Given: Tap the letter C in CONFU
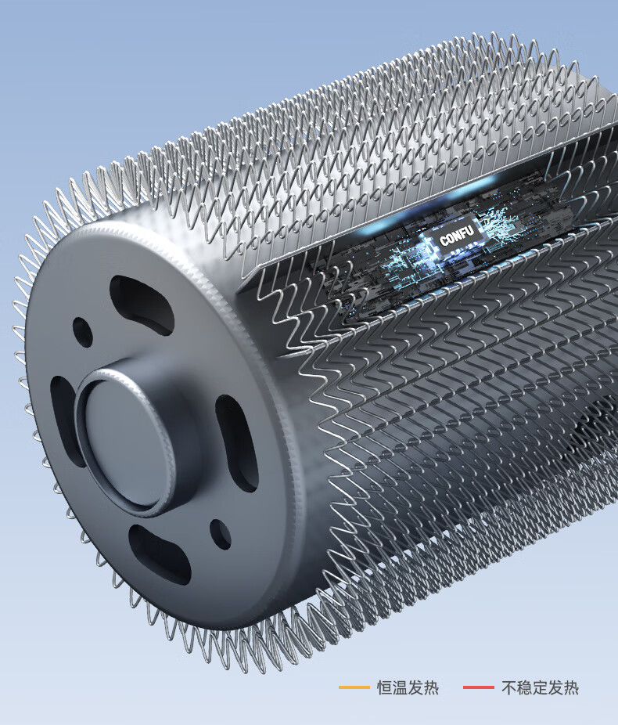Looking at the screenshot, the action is coord(443,240).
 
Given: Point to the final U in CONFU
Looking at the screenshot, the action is coord(469,230).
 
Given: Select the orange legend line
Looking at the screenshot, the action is coord(354,687).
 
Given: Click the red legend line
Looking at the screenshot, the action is coord(479,687).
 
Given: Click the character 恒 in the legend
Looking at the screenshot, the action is coord(385,687).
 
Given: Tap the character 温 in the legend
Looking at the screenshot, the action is coord(400,687).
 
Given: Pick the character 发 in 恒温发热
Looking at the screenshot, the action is coord(415,687).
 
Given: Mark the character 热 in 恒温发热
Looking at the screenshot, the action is coord(431,687).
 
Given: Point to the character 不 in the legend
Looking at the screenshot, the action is coord(509,687).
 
